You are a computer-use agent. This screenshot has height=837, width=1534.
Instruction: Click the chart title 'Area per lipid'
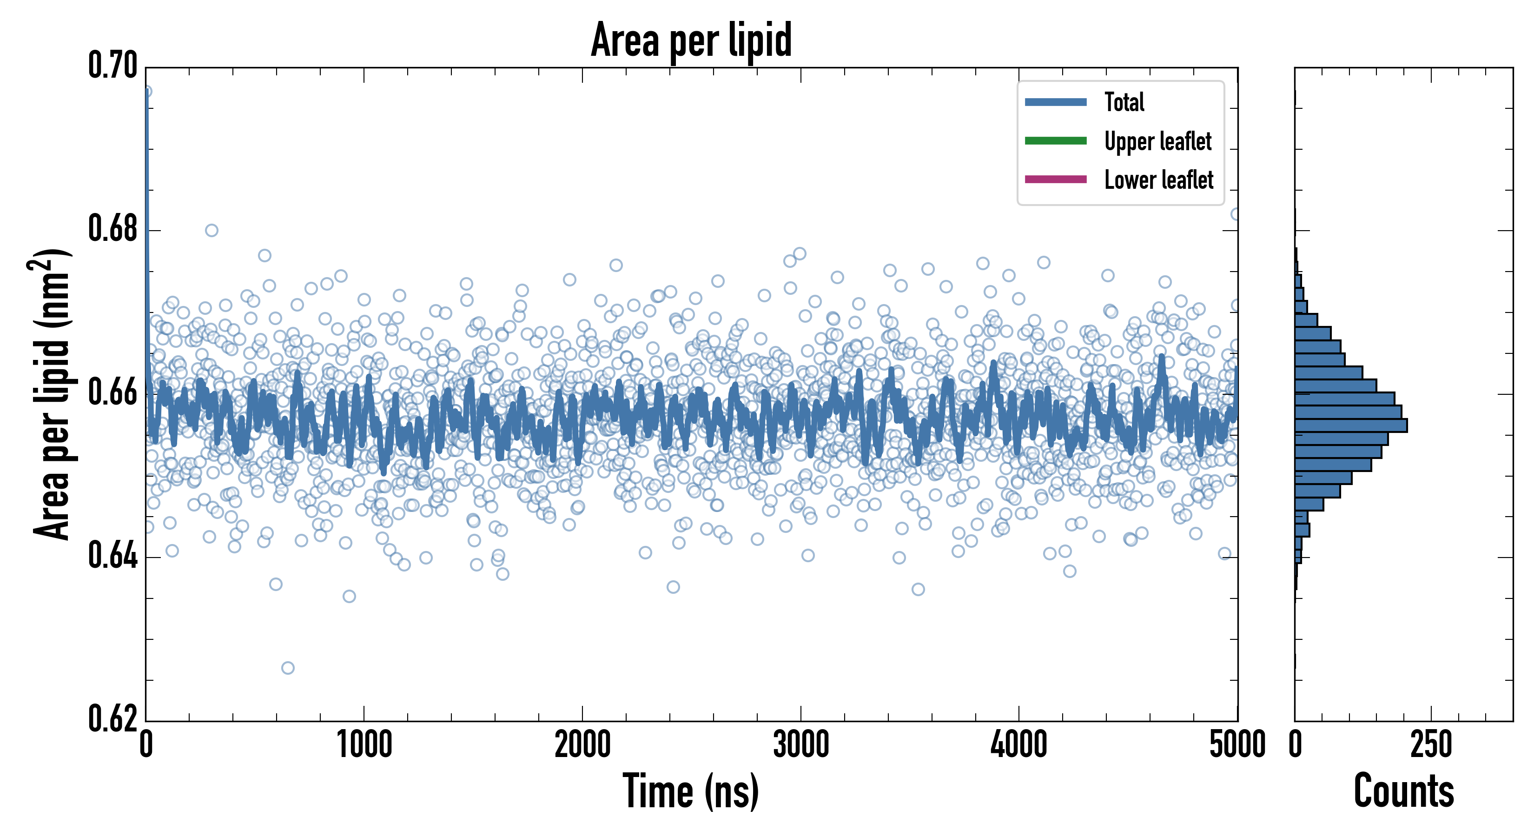point(691,40)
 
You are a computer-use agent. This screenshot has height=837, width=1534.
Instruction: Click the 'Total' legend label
point(1124,102)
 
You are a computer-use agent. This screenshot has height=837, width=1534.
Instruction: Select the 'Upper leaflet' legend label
point(1157,141)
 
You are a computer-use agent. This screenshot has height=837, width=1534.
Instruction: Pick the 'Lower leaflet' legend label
point(1158,180)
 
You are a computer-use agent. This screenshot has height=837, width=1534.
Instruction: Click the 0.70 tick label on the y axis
point(112,66)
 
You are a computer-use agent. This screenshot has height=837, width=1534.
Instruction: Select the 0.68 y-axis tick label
point(112,229)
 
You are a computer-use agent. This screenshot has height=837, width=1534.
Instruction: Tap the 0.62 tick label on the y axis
point(112,719)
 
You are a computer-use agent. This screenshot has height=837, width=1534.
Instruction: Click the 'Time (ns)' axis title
point(691,791)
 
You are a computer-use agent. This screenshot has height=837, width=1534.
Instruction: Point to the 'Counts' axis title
point(1403,791)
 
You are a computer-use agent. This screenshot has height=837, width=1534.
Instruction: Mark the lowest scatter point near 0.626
point(288,668)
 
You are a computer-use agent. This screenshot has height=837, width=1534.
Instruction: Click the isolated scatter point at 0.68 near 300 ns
point(212,231)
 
